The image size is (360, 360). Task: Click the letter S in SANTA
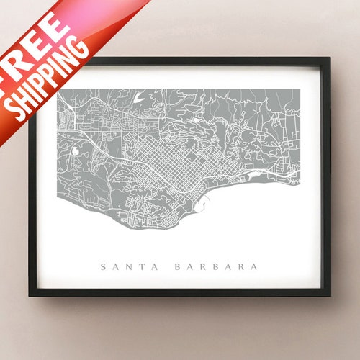tap(104, 266)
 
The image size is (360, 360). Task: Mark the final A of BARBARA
tap(253, 266)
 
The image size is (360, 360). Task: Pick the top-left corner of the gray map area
tap(59, 89)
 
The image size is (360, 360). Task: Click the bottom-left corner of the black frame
tap(31, 295)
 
